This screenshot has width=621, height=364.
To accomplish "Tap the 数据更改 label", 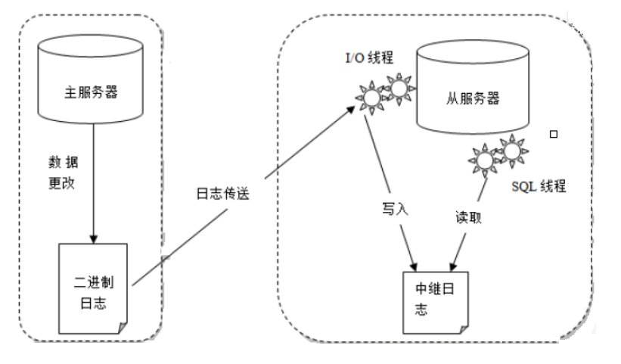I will (x=61, y=173).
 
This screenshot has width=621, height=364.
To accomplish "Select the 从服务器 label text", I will (x=467, y=99).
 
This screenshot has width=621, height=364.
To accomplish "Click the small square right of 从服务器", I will (x=554, y=135).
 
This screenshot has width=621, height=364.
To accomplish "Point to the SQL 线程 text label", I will (x=539, y=186).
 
